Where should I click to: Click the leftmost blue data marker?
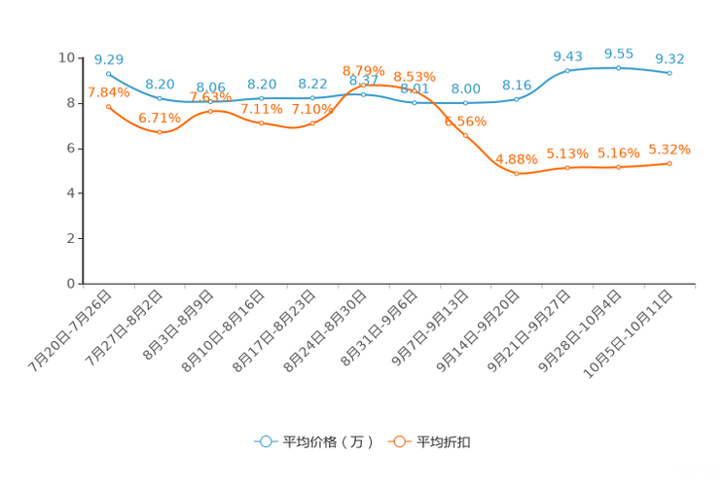(x=108, y=73)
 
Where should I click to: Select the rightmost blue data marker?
(x=670, y=73)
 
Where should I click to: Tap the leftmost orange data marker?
(x=108, y=105)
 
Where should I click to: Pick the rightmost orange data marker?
(x=670, y=163)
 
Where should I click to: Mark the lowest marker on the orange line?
(x=517, y=174)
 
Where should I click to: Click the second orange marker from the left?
(x=160, y=132)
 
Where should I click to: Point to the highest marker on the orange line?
(x=363, y=86)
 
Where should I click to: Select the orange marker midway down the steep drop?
(x=466, y=136)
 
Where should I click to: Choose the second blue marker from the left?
(x=160, y=98)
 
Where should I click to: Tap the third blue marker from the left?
(x=211, y=100)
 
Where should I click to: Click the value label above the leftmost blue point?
(x=108, y=59)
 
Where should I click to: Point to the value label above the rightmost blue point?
(x=670, y=59)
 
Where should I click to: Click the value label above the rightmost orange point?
(x=670, y=149)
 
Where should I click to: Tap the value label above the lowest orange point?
(x=517, y=158)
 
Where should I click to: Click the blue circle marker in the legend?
(x=264, y=441)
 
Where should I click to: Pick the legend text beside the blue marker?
(x=327, y=442)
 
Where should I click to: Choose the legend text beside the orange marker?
(x=444, y=442)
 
